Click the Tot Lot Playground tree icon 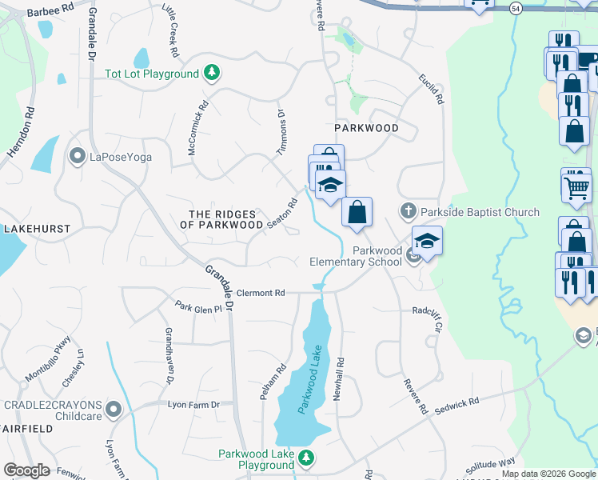pos(212,74)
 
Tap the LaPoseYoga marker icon pos(78,155)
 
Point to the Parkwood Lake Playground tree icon pos(306,458)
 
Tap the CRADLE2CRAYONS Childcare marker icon pos(114,410)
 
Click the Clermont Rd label pos(261,294)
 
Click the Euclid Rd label pos(429,90)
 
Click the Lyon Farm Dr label pos(193,405)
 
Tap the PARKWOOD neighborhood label pos(365,128)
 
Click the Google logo pos(26,470)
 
